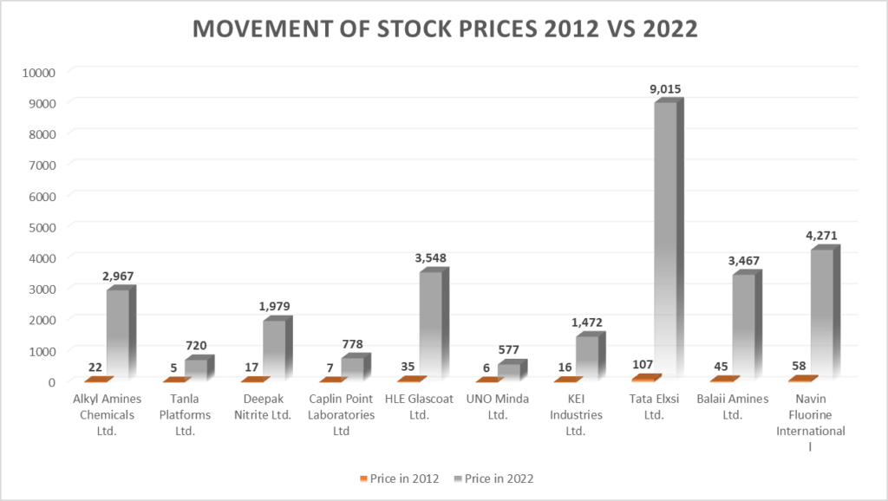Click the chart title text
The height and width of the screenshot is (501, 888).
(444, 29)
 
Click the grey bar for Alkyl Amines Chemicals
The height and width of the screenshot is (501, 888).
(120, 334)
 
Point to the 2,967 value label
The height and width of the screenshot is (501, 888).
(119, 276)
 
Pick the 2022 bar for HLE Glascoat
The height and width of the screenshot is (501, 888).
(433, 325)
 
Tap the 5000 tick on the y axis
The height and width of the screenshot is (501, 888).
(41, 226)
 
